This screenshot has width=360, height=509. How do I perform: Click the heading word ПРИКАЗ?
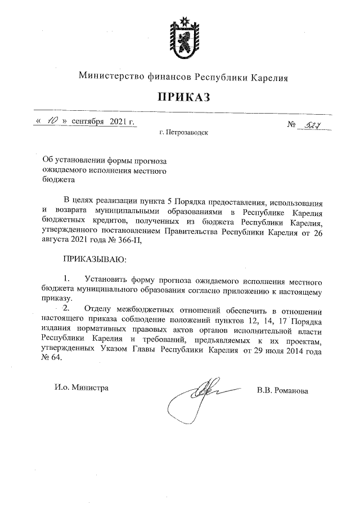(x=183, y=97)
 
